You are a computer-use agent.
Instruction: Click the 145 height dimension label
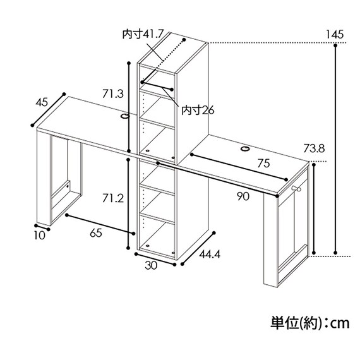point(335,35)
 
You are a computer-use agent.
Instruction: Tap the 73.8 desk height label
point(314,148)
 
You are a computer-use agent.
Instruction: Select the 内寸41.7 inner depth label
point(143,35)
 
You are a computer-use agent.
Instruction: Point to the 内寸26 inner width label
point(198,110)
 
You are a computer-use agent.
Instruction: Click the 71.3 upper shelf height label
point(113,93)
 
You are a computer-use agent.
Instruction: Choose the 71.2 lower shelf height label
point(113,198)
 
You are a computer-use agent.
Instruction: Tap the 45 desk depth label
point(42,102)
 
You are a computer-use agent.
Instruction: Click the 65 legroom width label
point(96,233)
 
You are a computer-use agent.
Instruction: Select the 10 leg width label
point(40,236)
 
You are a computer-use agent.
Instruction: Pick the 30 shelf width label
point(151,265)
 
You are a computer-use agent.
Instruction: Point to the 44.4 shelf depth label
point(210,255)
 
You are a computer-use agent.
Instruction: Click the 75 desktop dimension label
point(263,164)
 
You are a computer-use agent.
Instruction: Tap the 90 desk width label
point(243,196)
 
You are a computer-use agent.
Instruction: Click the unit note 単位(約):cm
point(310,323)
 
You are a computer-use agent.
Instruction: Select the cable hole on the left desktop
point(125,116)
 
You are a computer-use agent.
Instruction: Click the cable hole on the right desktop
point(245,149)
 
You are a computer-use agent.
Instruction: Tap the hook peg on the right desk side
point(296,189)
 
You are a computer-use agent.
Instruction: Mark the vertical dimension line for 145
point(335,149)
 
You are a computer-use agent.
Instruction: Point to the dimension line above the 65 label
point(100,224)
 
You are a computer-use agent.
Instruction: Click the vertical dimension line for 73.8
point(314,208)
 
